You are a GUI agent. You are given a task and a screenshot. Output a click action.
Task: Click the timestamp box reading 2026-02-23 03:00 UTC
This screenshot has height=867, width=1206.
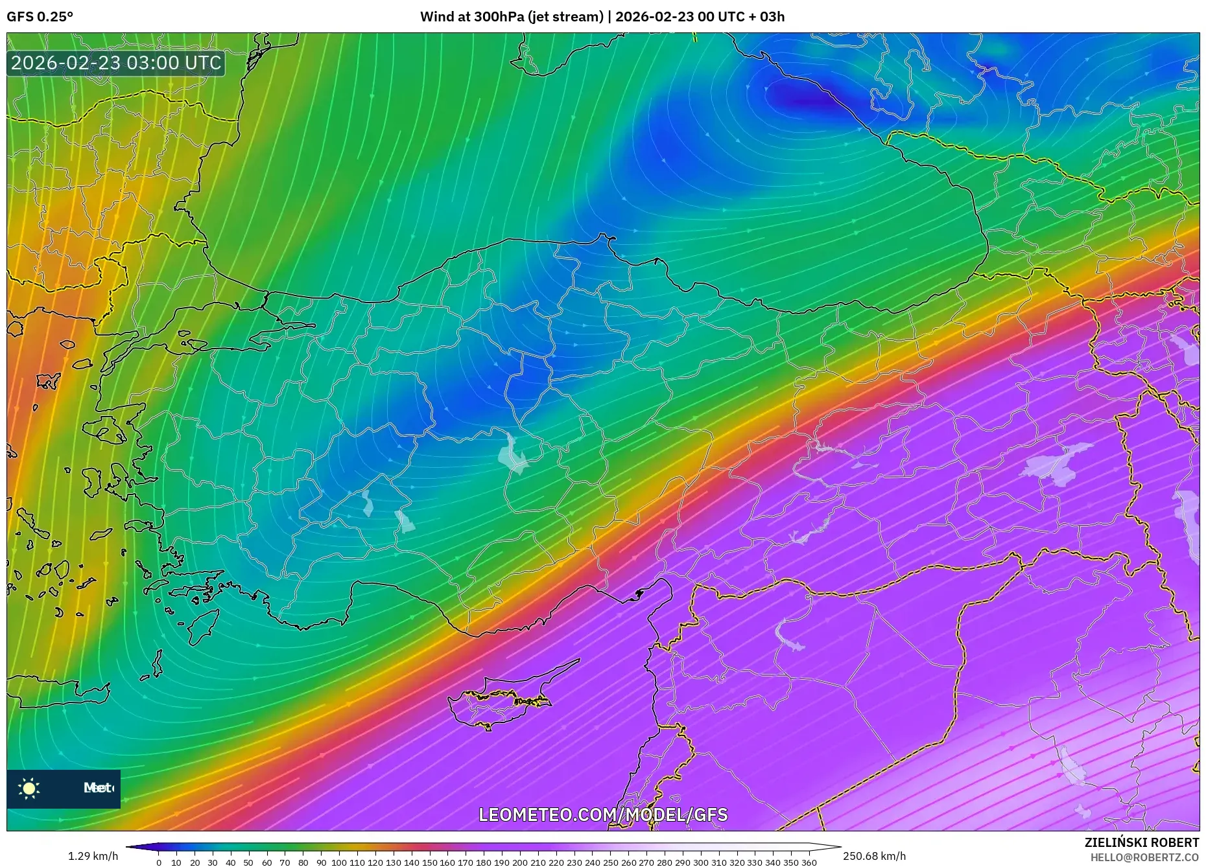[x=116, y=64]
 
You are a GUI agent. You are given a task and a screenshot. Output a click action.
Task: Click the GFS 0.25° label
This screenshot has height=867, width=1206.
[x=40, y=17]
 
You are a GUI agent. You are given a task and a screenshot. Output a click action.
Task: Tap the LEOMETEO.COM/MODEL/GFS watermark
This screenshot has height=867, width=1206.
[x=603, y=815]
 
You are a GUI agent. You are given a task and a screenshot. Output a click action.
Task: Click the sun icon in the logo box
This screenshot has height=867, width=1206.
[x=29, y=788]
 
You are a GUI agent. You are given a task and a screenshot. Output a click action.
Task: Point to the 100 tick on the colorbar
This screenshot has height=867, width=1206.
[x=338, y=862]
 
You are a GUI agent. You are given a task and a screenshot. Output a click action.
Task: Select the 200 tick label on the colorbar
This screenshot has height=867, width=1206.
[x=519, y=862]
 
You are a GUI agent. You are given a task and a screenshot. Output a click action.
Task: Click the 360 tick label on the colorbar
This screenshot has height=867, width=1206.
[x=809, y=862]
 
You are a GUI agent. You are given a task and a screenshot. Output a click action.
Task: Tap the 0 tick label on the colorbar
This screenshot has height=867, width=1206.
[x=159, y=862]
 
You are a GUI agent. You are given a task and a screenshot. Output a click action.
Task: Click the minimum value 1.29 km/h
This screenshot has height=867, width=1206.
[x=93, y=856]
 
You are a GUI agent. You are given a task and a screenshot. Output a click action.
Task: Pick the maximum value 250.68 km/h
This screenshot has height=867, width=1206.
[x=874, y=856]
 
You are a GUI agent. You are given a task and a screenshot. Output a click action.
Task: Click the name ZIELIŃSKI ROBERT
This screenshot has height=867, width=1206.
[x=1141, y=842]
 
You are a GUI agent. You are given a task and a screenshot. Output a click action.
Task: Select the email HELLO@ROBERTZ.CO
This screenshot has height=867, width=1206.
[x=1144, y=857]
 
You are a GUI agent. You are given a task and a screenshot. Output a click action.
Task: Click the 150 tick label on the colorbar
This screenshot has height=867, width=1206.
[x=429, y=862]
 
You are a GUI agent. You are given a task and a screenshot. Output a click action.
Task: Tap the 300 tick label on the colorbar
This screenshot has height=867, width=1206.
[x=700, y=862]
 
